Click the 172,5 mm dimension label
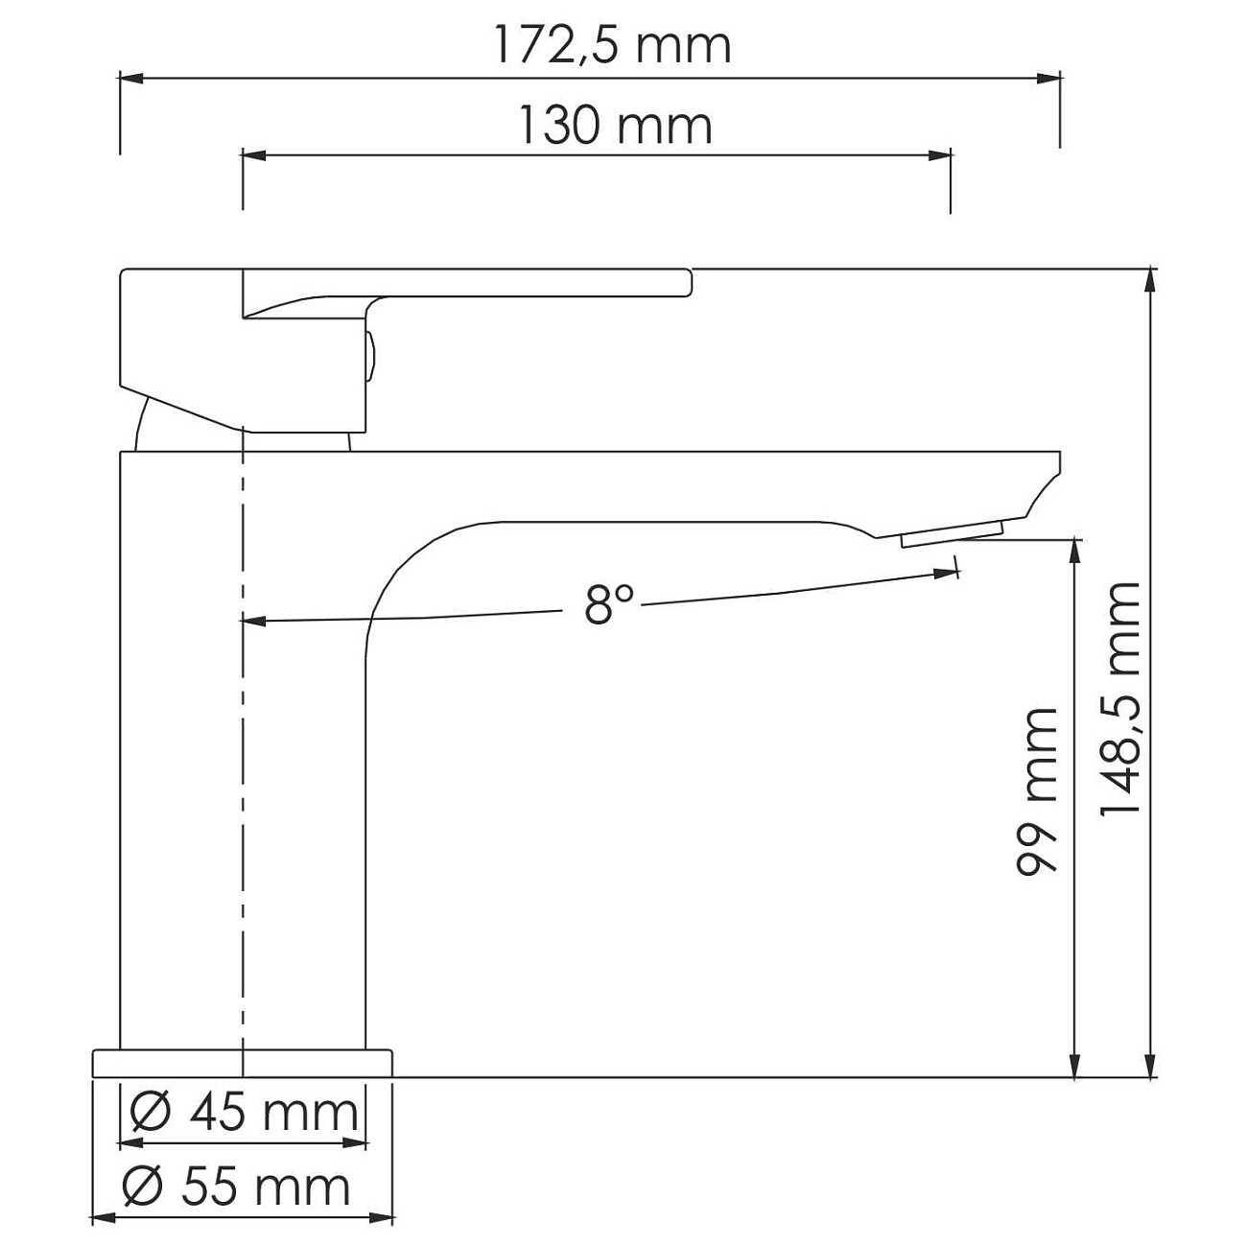tap(612, 45)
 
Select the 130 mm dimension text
tap(615, 126)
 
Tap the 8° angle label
tap(609, 604)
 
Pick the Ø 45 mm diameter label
tap(244, 1113)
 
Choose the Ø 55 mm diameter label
tap(237, 1188)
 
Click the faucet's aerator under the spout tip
tap(950, 533)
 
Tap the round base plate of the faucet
tap(243, 1063)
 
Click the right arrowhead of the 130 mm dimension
tap(940, 153)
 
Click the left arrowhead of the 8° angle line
tap(252, 621)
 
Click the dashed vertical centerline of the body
tap(244, 748)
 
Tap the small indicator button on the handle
tap(369, 355)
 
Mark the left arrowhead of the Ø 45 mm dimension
tap(130, 1143)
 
